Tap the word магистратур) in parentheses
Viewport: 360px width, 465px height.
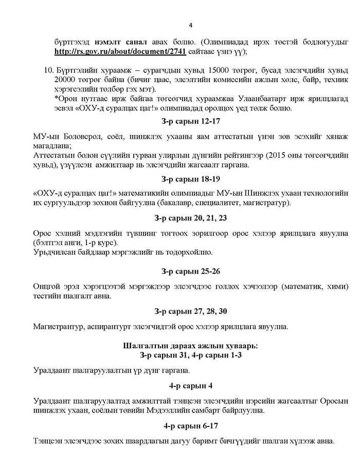click(267, 203)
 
